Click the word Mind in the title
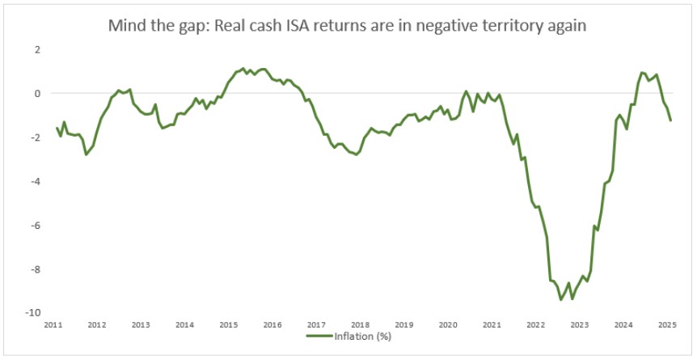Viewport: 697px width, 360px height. coord(128,26)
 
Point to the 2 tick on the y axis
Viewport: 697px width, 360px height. coord(36,49)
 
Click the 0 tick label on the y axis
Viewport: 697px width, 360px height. coord(36,94)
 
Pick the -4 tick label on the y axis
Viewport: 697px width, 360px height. coord(35,181)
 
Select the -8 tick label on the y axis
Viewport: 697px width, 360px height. coord(35,269)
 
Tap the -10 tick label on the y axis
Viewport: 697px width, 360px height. coord(32,313)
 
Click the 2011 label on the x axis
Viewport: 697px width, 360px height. coord(53,325)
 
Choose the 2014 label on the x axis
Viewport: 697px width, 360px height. coord(184,325)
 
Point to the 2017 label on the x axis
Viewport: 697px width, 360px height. coord(316,325)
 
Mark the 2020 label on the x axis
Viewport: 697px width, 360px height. coord(448,325)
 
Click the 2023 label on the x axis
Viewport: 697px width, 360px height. coord(580,325)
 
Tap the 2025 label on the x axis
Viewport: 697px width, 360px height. coord(667,325)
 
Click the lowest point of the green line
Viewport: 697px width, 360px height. coord(561,299)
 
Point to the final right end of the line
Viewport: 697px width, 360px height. coord(670,121)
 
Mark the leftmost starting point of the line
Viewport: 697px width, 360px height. coord(57,128)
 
